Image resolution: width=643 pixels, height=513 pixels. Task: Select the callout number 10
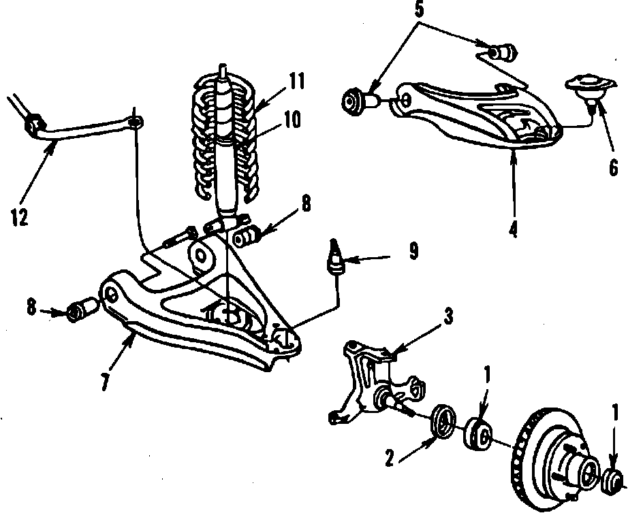click(292, 120)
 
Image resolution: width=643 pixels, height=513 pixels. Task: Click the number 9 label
click(413, 252)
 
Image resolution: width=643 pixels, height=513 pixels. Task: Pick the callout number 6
click(614, 167)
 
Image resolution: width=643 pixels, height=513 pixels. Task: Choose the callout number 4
click(513, 229)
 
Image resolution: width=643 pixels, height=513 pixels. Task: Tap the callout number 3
click(448, 318)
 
